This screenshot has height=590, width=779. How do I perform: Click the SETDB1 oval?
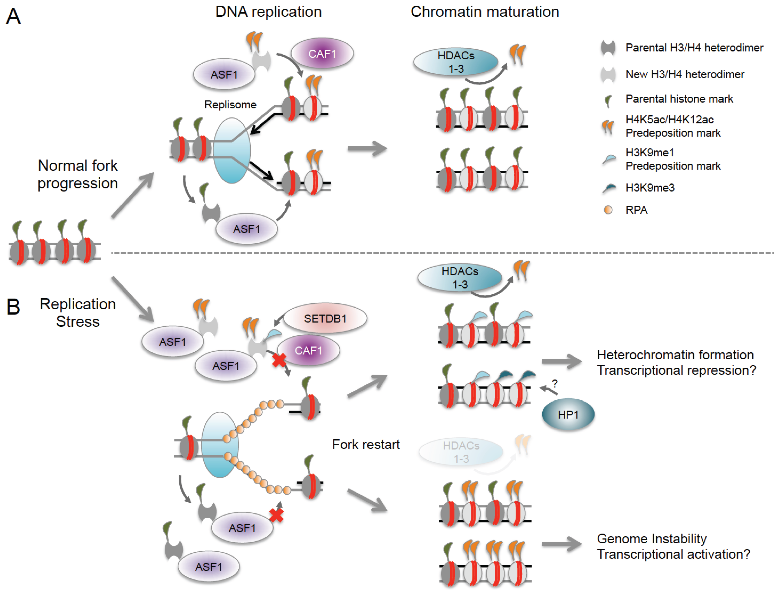[x=325, y=318]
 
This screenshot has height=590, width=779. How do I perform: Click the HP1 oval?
[x=568, y=414]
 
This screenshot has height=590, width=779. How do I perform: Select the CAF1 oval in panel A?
[x=322, y=54]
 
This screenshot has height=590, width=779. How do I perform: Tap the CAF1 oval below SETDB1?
[x=309, y=350]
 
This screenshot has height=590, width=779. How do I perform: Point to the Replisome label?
[x=230, y=105]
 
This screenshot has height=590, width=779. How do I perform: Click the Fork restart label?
[x=366, y=444]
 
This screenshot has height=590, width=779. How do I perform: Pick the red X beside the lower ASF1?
[x=276, y=515]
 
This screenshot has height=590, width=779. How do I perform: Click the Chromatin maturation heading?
[x=485, y=12]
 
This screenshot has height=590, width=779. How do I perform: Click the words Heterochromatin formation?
[x=675, y=355]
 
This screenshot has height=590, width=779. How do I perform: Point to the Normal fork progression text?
[x=77, y=174]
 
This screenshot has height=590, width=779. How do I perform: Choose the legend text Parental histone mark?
[x=679, y=99]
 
